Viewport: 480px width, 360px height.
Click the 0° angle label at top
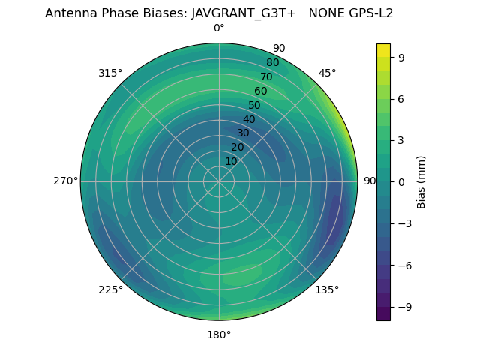click(x=219, y=28)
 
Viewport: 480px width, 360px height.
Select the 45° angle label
click(x=328, y=73)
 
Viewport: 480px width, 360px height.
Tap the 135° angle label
click(x=327, y=290)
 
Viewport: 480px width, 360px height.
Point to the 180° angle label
click(x=219, y=334)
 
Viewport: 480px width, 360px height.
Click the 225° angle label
click(x=110, y=290)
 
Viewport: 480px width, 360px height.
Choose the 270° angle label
click(x=65, y=181)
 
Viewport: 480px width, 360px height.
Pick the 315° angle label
click(x=110, y=73)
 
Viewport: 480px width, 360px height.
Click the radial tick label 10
click(x=231, y=162)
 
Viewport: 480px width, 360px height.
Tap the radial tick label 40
click(x=249, y=119)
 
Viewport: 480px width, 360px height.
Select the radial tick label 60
click(x=260, y=91)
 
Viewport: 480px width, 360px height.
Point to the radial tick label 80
click(x=272, y=63)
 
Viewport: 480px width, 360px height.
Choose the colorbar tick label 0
click(x=401, y=181)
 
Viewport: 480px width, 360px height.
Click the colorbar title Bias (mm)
click(x=421, y=181)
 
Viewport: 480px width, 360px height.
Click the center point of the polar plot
click(x=219, y=181)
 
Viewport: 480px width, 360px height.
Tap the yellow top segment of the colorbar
click(x=383, y=49)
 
